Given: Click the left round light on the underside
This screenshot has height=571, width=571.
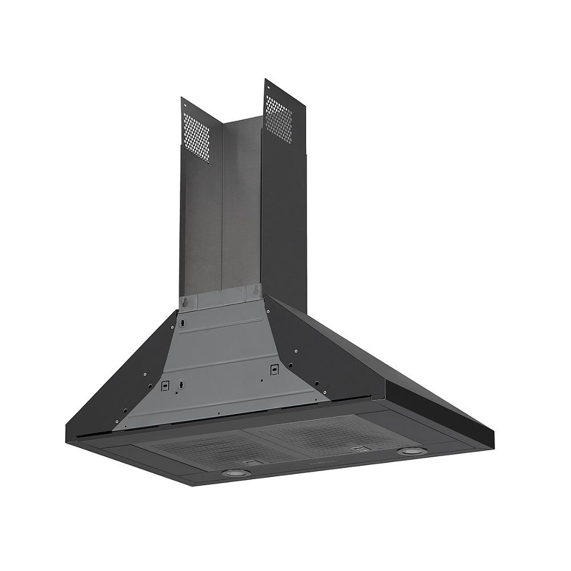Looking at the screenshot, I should coord(234,473).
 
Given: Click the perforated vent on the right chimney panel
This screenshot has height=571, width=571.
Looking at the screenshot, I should coord(279,118).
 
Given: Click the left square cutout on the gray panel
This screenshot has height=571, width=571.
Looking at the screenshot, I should coord(164,385).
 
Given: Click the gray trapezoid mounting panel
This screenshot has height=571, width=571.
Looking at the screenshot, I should coord(223,365).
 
